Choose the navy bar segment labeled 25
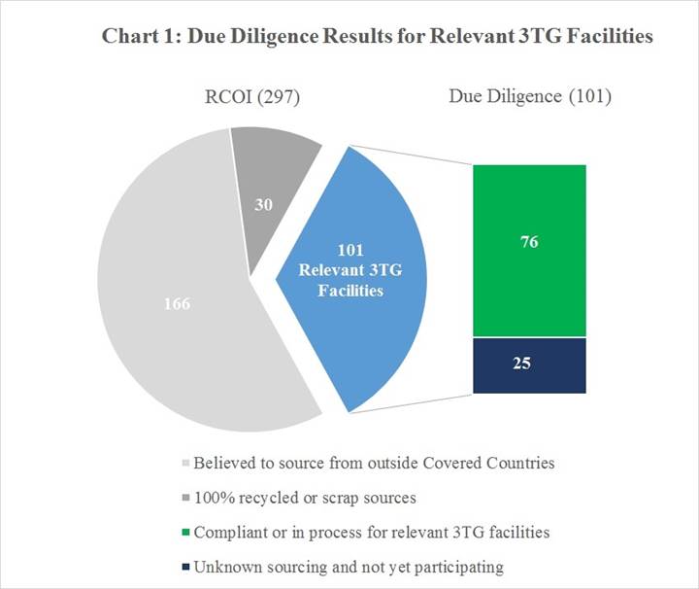(529, 364)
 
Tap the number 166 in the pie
(177, 303)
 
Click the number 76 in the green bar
(529, 242)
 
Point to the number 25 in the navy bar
(529, 364)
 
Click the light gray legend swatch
(185, 464)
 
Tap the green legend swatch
(185, 533)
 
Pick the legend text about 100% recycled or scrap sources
(305, 498)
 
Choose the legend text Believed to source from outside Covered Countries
(374, 464)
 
